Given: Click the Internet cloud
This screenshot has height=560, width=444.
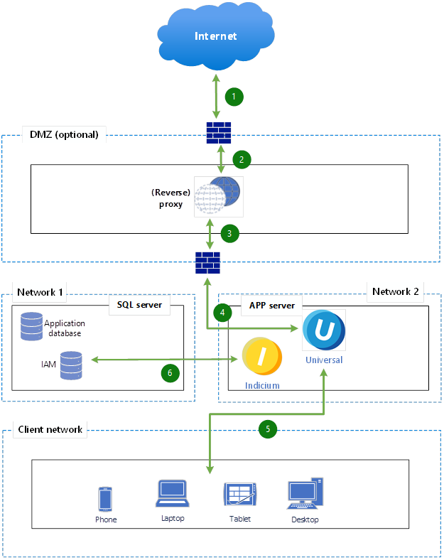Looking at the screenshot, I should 216,36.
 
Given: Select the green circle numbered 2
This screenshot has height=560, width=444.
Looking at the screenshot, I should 242,158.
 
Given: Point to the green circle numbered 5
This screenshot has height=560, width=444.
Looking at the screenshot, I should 267,429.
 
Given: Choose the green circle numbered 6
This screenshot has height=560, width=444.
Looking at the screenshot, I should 168,371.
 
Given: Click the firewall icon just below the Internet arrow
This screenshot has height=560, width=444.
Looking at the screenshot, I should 217,132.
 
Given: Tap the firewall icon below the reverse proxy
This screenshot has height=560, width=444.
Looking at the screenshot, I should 207,262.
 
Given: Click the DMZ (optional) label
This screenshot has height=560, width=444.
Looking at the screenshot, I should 64,134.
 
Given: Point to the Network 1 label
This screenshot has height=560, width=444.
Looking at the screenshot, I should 40,292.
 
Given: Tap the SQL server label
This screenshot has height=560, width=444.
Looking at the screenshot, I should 139,305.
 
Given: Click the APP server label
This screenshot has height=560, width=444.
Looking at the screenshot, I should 271,305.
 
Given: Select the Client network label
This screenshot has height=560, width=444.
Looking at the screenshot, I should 50,429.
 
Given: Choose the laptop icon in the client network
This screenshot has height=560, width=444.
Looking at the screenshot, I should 171,493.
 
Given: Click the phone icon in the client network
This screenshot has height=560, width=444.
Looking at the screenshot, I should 105,499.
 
